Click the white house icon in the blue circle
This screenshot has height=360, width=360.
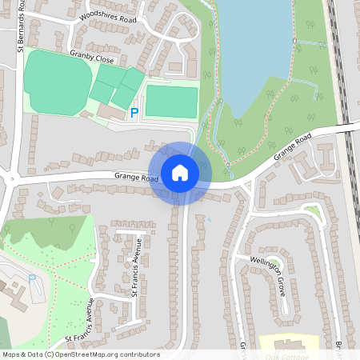point(180,172)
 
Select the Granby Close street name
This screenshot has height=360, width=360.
point(92,58)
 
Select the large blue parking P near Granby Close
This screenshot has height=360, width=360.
point(134,113)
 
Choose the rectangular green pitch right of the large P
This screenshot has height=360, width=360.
point(170,102)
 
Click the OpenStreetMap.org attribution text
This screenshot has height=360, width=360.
point(80,354)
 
